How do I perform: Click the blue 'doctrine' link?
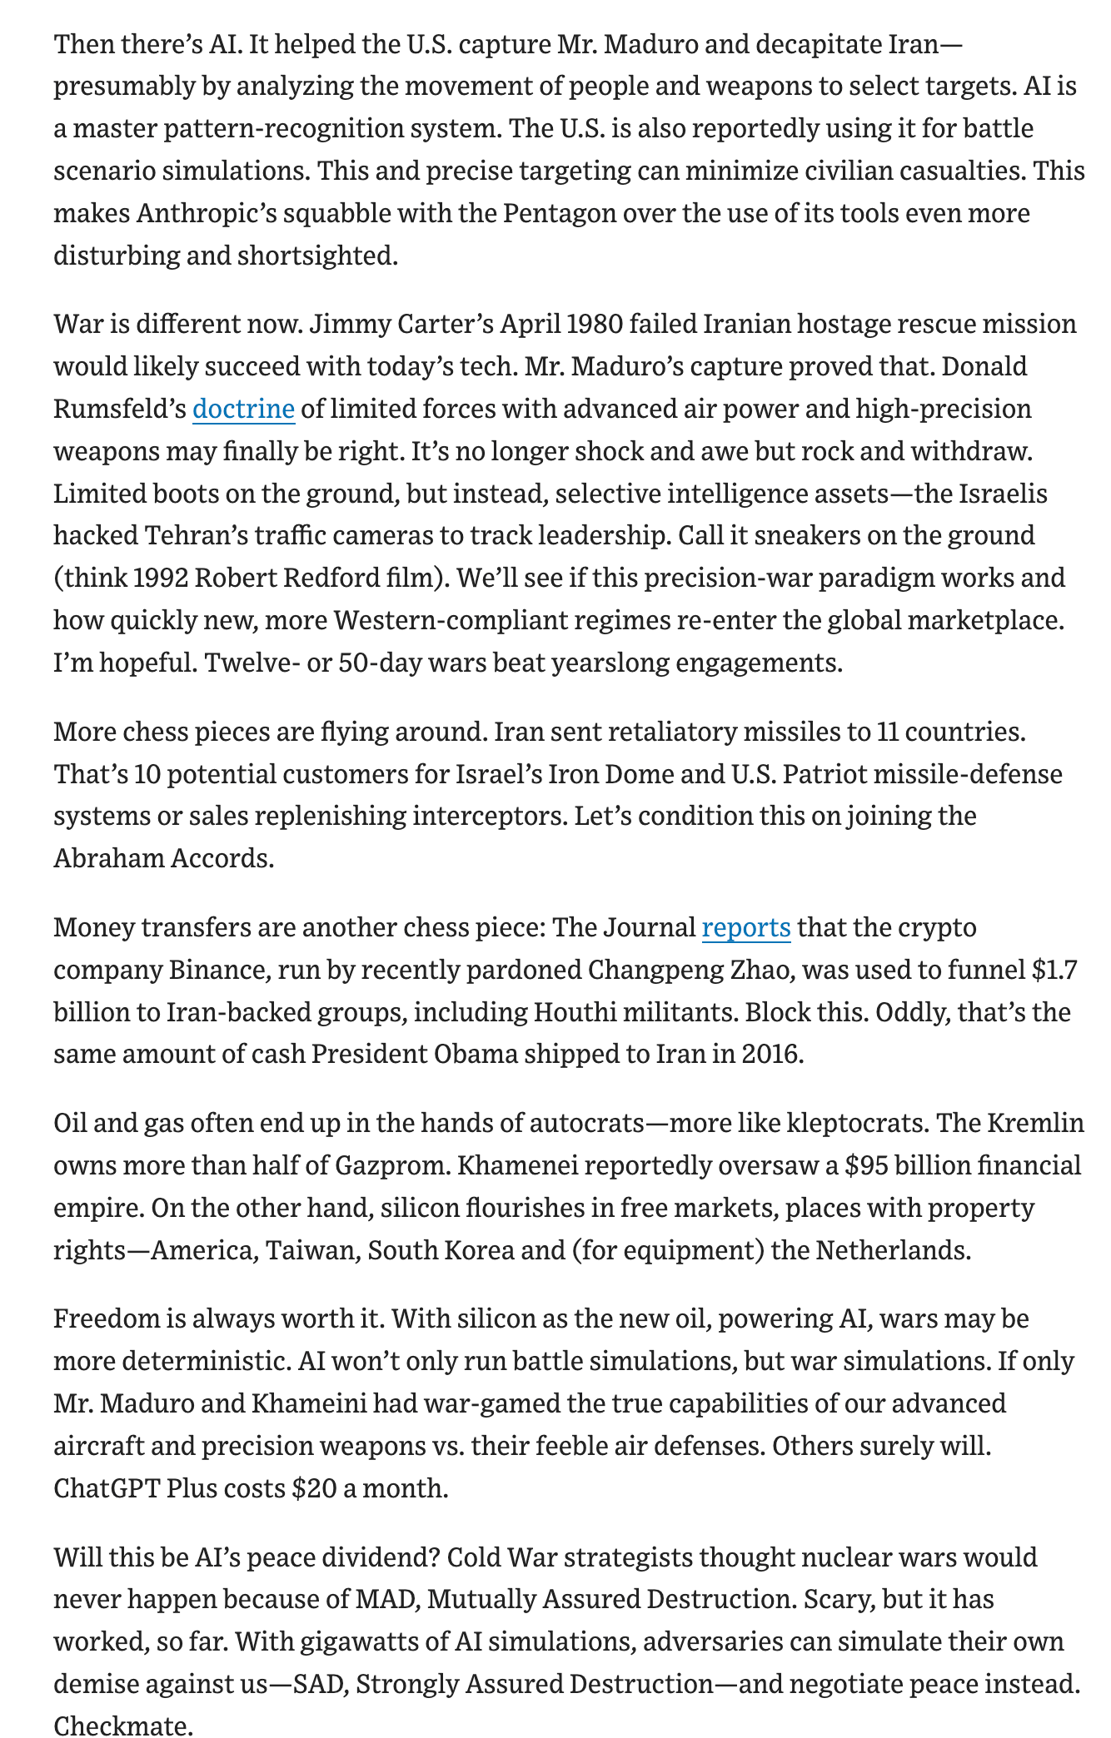(x=243, y=409)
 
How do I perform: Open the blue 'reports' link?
(x=746, y=927)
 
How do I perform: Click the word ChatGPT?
(x=106, y=1487)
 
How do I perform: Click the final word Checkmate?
(x=122, y=1726)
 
